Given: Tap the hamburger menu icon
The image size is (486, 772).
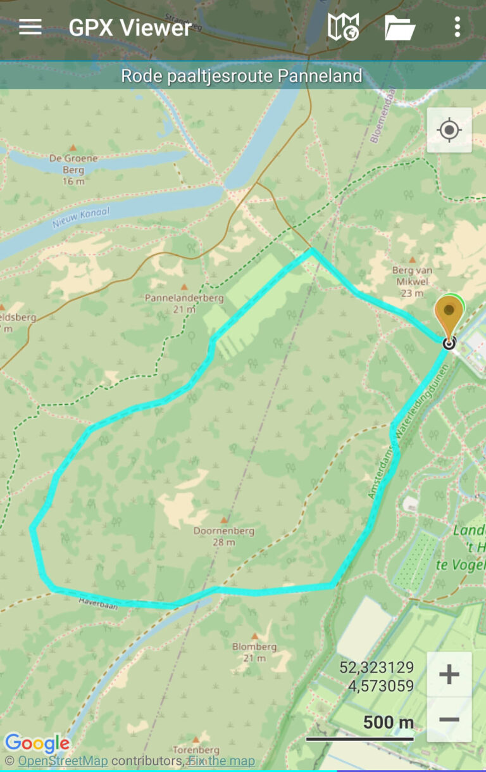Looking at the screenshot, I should tap(30, 27).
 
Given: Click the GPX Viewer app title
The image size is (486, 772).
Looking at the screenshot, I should tap(130, 28).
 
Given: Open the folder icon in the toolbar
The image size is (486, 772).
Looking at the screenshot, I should tap(400, 28).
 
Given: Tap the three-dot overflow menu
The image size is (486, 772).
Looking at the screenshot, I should tap(457, 27).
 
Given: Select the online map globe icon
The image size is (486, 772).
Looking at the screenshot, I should tap(343, 27).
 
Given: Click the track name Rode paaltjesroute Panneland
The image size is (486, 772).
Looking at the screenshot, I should tap(242, 76).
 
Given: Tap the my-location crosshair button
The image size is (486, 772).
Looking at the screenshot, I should tap(449, 130).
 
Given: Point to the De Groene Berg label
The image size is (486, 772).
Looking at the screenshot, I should tap(73, 164).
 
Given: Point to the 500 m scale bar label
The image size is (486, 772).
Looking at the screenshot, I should tap(388, 722).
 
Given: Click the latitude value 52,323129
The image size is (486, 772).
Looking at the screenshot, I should tap(377, 667).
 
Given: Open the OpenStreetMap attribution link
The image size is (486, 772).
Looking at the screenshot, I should tap(63, 761).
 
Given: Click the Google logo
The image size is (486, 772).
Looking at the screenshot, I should tap(37, 743).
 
